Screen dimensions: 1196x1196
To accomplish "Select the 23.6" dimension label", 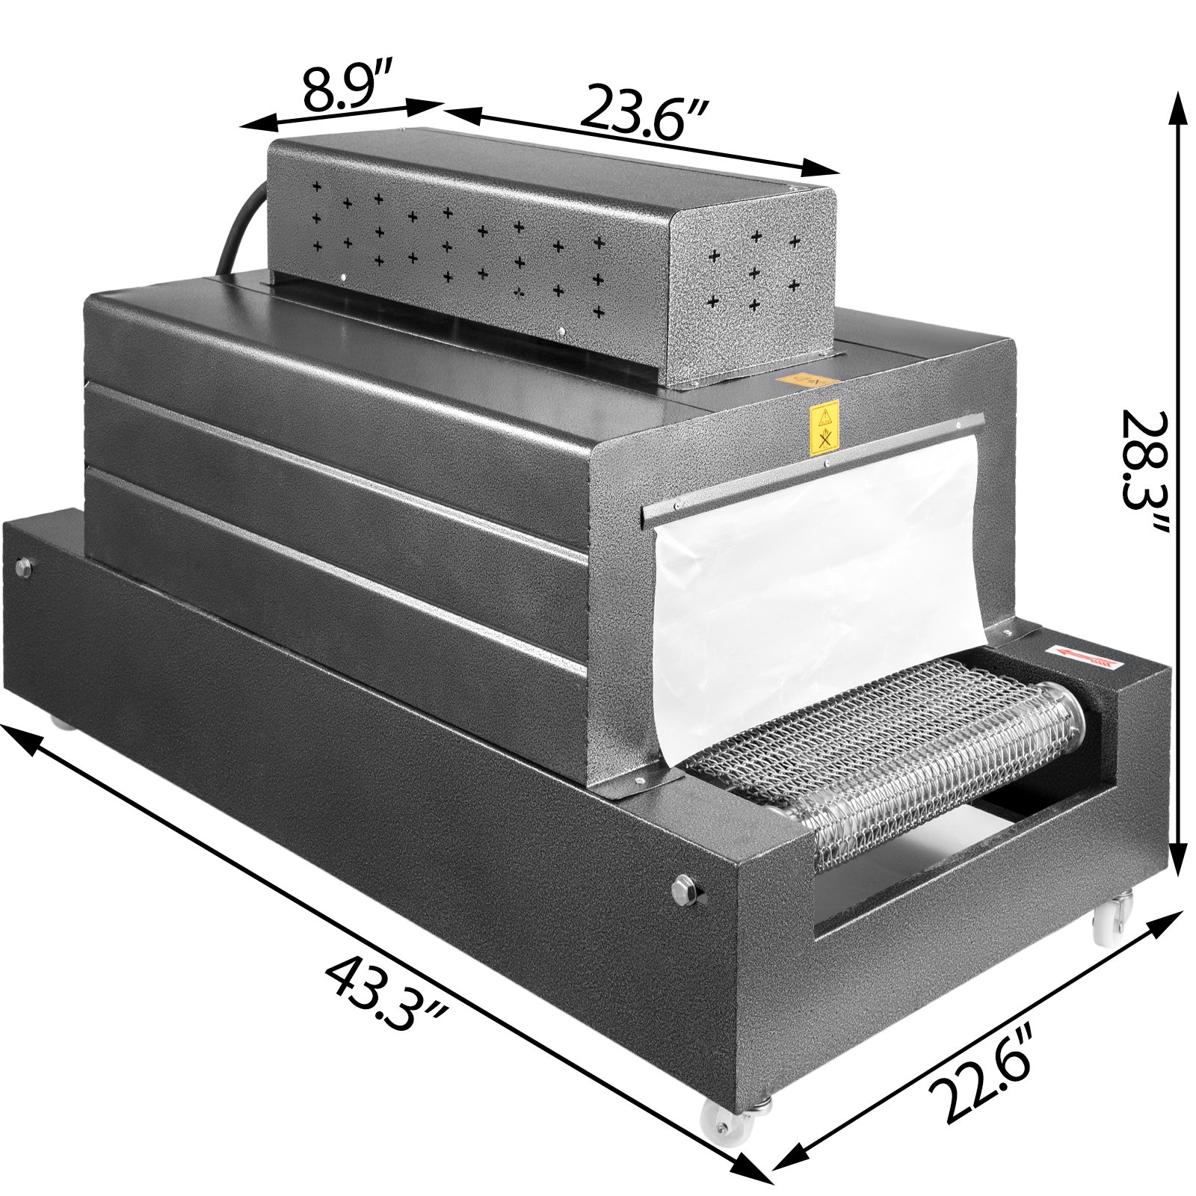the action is coord(644,112).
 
